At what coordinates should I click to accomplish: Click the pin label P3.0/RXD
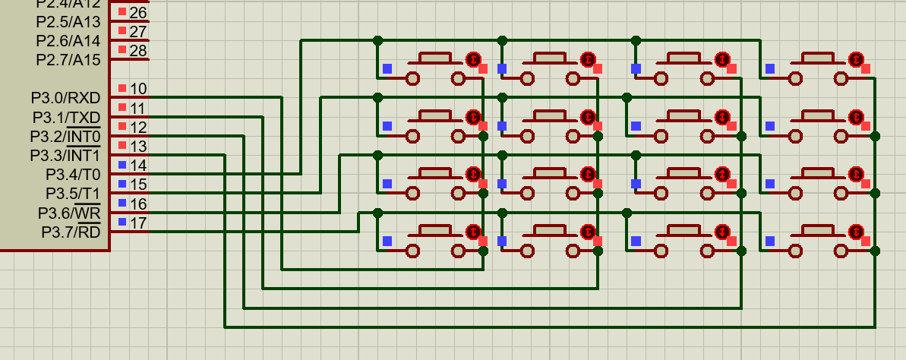[65, 98]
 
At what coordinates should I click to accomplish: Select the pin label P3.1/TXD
[66, 118]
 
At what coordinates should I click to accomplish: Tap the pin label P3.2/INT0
[65, 137]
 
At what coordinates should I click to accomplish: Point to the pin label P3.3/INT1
[65, 156]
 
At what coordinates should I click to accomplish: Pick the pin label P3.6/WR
[70, 213]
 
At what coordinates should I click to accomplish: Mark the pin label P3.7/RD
[71, 232]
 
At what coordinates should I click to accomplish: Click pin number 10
[138, 89]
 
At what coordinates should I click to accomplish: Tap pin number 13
[138, 146]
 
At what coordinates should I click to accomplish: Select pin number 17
[138, 223]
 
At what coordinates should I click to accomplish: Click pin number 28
[138, 50]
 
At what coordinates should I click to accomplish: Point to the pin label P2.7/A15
[68, 59]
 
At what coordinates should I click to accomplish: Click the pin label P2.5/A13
[68, 21]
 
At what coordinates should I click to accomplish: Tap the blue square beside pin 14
[122, 165]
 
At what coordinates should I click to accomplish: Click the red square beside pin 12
[122, 126]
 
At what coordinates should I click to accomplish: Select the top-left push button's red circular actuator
[473, 58]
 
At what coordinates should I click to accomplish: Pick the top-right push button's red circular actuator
[857, 58]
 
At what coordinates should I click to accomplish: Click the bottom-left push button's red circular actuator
[473, 231]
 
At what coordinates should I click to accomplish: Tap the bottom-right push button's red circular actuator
[857, 231]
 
